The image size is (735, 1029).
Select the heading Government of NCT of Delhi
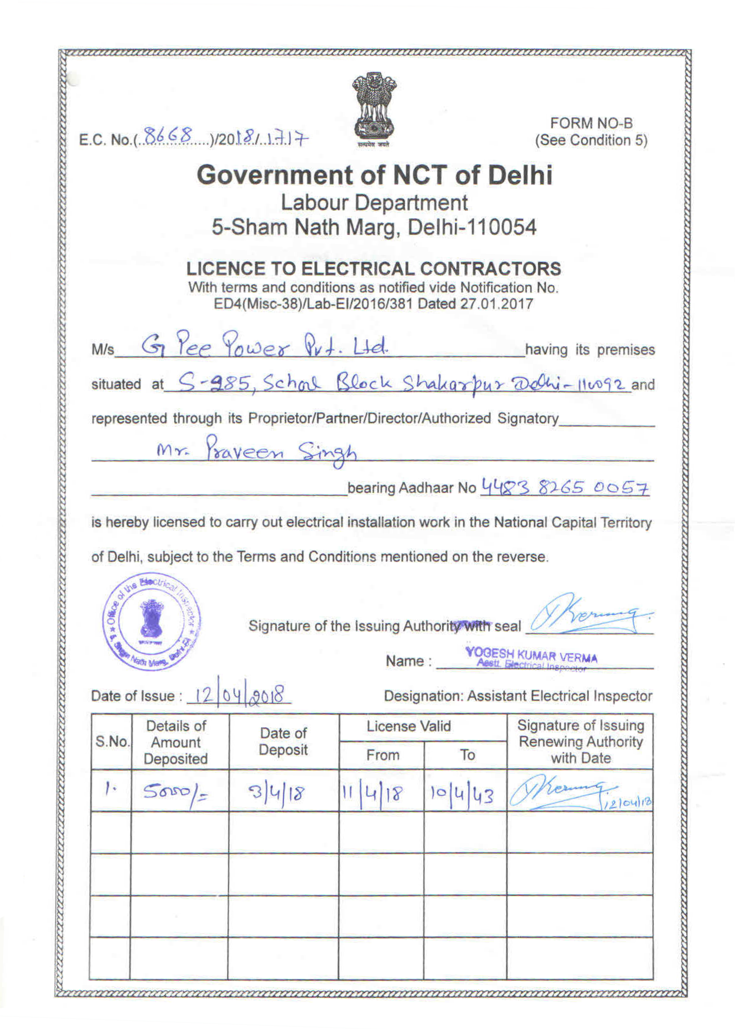pyautogui.click(x=374, y=175)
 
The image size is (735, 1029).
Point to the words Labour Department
pyautogui.click(x=374, y=203)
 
